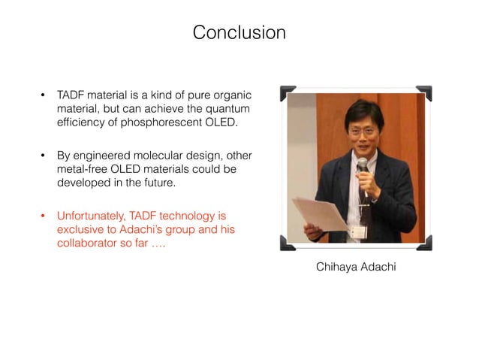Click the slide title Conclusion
tap(239, 33)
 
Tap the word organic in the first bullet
tap(233, 96)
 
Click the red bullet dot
tap(43, 217)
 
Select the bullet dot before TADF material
tap(43, 96)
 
